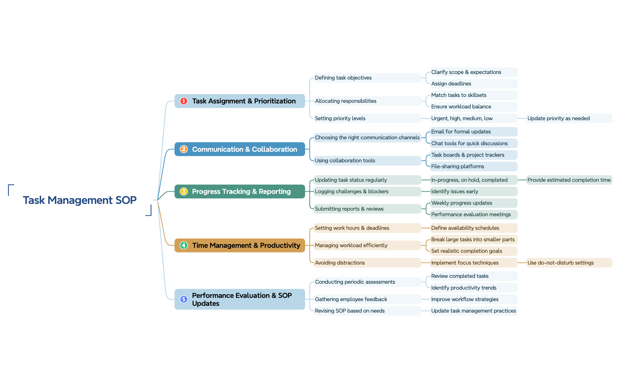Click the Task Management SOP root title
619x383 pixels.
pyautogui.click(x=80, y=200)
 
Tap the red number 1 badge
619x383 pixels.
pyautogui.click(x=184, y=101)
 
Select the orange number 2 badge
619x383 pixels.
pyautogui.click(x=184, y=149)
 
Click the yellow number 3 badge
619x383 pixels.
pyautogui.click(x=184, y=191)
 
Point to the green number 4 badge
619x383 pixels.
pyautogui.click(x=184, y=245)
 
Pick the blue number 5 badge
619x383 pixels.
pyautogui.click(x=184, y=299)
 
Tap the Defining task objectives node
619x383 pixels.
pyautogui.click(x=343, y=78)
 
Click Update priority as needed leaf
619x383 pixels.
pyautogui.click(x=558, y=118)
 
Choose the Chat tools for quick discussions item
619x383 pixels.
pyautogui.click(x=469, y=143)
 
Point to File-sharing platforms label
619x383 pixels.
pyautogui.click(x=457, y=166)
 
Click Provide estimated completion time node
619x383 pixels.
pyautogui.click(x=569, y=180)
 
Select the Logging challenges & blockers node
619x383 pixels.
pyautogui.click(x=352, y=191)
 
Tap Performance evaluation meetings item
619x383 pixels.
pyautogui.click(x=471, y=214)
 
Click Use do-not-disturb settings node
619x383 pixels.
pyautogui.click(x=560, y=263)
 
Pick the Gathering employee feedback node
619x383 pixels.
pyautogui.click(x=351, y=299)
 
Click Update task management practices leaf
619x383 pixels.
pyautogui.click(x=473, y=311)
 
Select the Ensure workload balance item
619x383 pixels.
pyautogui.click(x=461, y=107)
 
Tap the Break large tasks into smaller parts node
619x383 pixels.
pyautogui.click(x=472, y=240)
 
